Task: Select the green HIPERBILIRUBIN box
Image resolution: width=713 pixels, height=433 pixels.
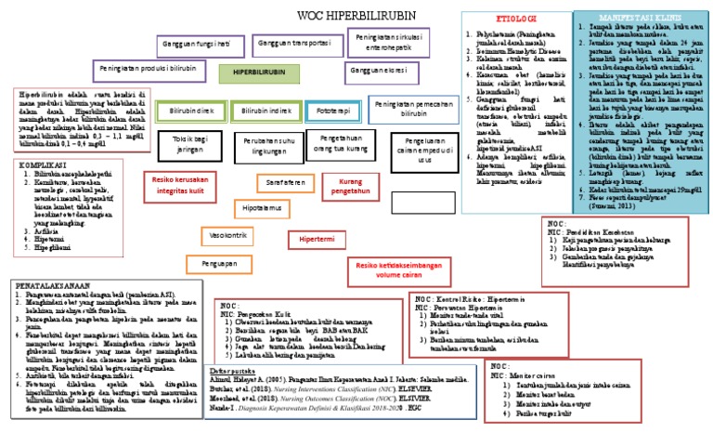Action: [x=259, y=71]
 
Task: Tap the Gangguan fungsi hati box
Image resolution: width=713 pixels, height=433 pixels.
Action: [x=197, y=44]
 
